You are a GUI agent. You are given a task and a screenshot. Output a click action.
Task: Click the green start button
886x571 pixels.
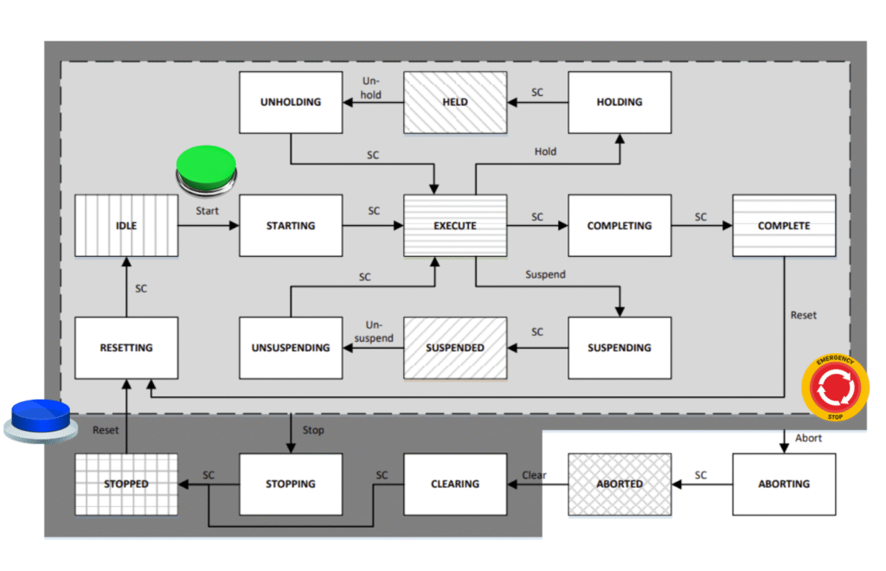(x=205, y=166)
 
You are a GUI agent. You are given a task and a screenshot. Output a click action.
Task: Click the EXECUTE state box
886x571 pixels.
(x=455, y=226)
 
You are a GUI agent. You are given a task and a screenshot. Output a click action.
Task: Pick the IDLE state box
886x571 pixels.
(x=126, y=226)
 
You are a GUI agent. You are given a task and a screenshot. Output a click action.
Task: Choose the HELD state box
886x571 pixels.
(x=455, y=102)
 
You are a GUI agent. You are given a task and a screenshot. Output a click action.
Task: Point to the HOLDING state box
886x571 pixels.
(x=620, y=102)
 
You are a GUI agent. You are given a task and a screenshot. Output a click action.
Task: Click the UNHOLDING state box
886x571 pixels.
(x=291, y=102)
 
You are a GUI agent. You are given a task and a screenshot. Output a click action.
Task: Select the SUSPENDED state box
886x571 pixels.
(x=455, y=348)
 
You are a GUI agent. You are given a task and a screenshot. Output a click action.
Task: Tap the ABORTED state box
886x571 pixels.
(x=620, y=484)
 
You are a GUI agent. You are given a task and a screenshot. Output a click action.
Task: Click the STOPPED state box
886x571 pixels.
(x=126, y=484)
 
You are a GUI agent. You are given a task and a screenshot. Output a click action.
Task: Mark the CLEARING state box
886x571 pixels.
(x=455, y=484)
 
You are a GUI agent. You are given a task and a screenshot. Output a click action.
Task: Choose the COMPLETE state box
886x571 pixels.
(x=784, y=226)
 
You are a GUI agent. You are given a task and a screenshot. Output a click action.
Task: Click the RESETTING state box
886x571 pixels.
(x=126, y=348)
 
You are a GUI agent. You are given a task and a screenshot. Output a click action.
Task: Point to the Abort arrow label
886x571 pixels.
(x=809, y=439)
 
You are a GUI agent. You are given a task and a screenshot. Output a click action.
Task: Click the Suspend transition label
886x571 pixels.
(x=545, y=275)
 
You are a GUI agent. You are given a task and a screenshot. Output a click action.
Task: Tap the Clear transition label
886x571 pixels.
(x=535, y=475)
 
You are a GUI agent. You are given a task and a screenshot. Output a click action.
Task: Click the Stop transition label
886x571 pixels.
(x=313, y=430)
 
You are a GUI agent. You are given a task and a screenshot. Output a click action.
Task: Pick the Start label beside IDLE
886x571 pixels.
(x=208, y=210)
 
